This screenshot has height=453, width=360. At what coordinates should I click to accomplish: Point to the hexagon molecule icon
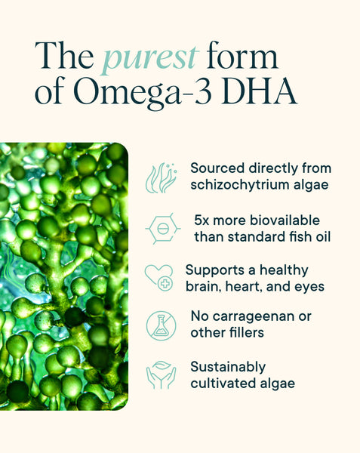(161, 229)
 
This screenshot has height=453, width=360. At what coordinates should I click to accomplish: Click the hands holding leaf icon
(161, 374)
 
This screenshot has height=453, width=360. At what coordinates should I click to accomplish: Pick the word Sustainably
(227, 367)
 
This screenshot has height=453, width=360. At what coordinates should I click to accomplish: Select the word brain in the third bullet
(203, 287)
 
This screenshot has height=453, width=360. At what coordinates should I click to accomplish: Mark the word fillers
(249, 333)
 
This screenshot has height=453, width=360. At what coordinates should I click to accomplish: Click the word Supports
(214, 270)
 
